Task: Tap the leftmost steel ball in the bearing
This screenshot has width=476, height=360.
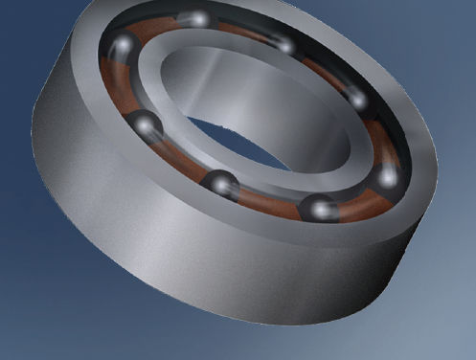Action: (123, 48)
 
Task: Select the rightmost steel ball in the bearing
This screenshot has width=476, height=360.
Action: (388, 175)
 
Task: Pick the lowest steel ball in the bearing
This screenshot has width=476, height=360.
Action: (319, 208)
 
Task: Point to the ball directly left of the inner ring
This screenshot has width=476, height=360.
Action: (145, 124)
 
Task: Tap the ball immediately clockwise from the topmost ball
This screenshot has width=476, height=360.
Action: (283, 44)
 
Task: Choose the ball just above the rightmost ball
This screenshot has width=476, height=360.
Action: (355, 98)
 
